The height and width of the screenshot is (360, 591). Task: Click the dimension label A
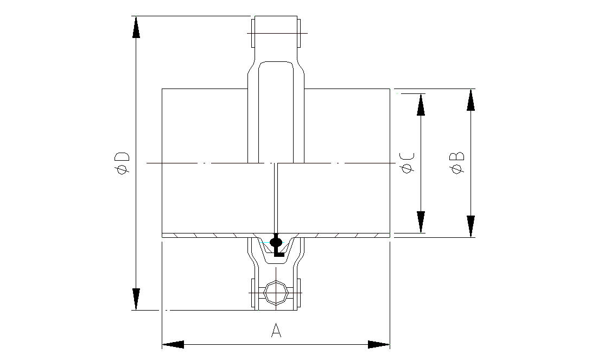pyautogui.click(x=276, y=330)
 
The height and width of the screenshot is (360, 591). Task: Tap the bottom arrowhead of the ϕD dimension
pyautogui.click(x=136, y=299)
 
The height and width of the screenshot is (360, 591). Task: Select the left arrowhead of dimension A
pyautogui.click(x=173, y=344)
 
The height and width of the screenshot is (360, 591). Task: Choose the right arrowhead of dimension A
pyautogui.click(x=379, y=344)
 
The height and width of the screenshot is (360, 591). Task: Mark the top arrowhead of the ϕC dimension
pyautogui.click(x=421, y=104)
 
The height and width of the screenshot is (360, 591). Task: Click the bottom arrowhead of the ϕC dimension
pyautogui.click(x=421, y=222)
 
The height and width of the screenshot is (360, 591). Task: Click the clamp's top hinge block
pyautogui.click(x=275, y=33)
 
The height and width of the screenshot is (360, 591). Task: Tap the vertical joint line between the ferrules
pyautogui.click(x=276, y=195)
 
